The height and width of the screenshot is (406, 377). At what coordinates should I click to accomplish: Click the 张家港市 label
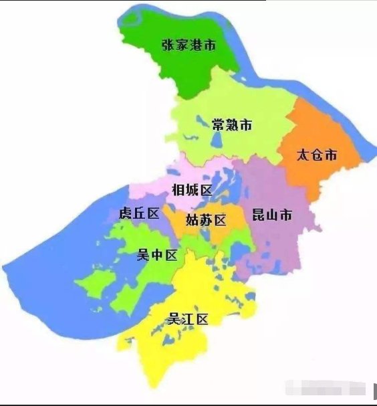pos(189,46)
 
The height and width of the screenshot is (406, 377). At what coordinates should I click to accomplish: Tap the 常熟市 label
pos(231,125)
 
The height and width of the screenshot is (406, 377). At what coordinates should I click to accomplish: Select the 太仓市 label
pos(317,156)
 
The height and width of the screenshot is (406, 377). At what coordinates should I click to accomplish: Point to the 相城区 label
pos(192,191)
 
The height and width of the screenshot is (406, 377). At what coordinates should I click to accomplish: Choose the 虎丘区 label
pos(138,214)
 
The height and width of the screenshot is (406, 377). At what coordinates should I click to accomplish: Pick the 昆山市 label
pos(271,215)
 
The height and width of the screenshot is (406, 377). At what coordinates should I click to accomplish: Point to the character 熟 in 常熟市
pos(232,125)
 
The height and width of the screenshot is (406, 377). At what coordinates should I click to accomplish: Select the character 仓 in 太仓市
pos(317,156)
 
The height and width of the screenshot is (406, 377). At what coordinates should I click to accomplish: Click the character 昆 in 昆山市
pos(258,215)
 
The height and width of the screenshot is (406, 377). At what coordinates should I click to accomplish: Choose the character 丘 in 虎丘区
pos(139,214)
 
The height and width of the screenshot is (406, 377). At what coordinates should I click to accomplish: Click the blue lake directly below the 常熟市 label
pos(217,140)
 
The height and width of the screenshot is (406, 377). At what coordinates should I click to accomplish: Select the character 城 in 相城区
pos(192,191)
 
